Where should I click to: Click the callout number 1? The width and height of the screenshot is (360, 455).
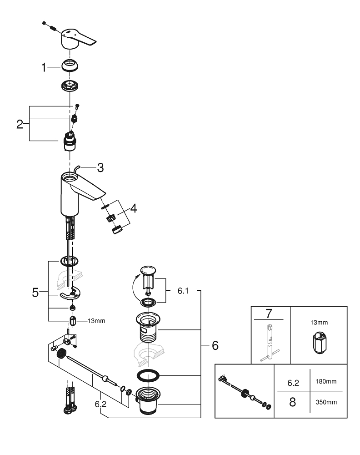tap(44, 68)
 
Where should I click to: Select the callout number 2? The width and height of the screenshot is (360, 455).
tap(20, 124)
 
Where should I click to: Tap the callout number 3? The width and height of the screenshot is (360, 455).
tap(100, 167)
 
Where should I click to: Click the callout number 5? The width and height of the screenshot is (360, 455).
tap(35, 293)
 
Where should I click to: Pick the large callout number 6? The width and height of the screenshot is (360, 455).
tap(214, 345)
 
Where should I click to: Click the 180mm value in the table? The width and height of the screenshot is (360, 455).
tap(327, 381)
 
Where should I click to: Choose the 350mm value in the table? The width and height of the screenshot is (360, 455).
tap(327, 403)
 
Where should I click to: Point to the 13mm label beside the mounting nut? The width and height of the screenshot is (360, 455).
tap(96, 320)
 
